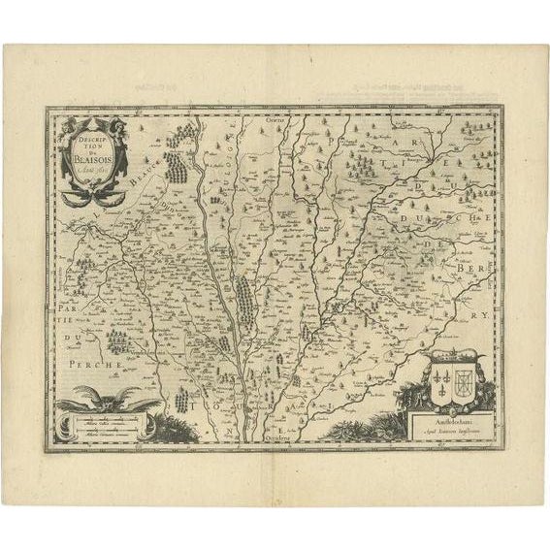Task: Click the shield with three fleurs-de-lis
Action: point(442,376)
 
